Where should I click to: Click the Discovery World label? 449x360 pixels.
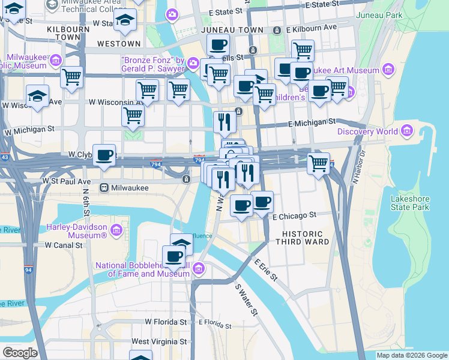point(367,131)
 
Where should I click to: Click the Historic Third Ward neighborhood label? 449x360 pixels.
point(303,238)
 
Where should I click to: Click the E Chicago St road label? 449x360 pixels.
point(294,215)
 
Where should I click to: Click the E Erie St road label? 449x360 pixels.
point(265,271)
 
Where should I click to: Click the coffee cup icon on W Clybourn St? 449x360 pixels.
point(104,155)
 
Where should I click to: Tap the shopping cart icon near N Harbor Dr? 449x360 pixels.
point(318,163)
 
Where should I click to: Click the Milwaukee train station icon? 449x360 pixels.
point(103,187)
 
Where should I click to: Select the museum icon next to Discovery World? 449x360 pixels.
point(407,131)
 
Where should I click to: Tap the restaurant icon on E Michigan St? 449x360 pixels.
point(224,122)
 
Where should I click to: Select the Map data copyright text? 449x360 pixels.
point(411,355)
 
